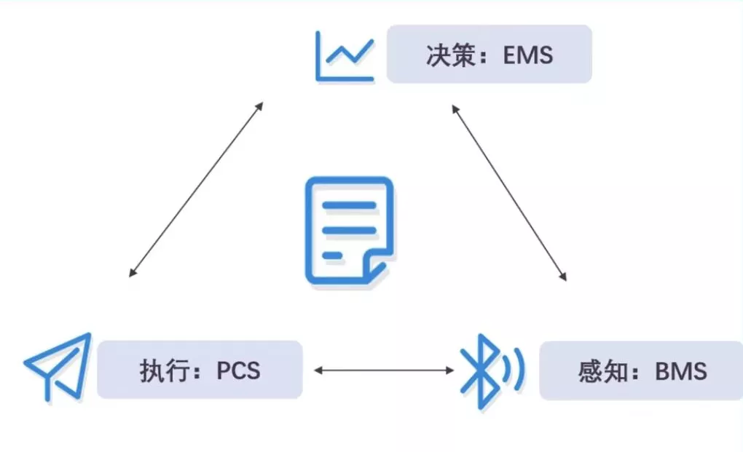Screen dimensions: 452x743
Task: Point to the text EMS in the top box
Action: coord(528,55)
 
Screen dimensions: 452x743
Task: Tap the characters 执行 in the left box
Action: coord(160,370)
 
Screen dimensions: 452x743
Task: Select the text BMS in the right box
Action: coord(681,371)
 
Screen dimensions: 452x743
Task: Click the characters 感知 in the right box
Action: coord(602,371)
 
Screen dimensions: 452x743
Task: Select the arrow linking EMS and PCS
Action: coord(195,190)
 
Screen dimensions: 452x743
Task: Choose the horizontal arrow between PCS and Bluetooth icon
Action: coord(384,370)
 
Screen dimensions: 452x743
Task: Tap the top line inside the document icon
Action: coord(349,206)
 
